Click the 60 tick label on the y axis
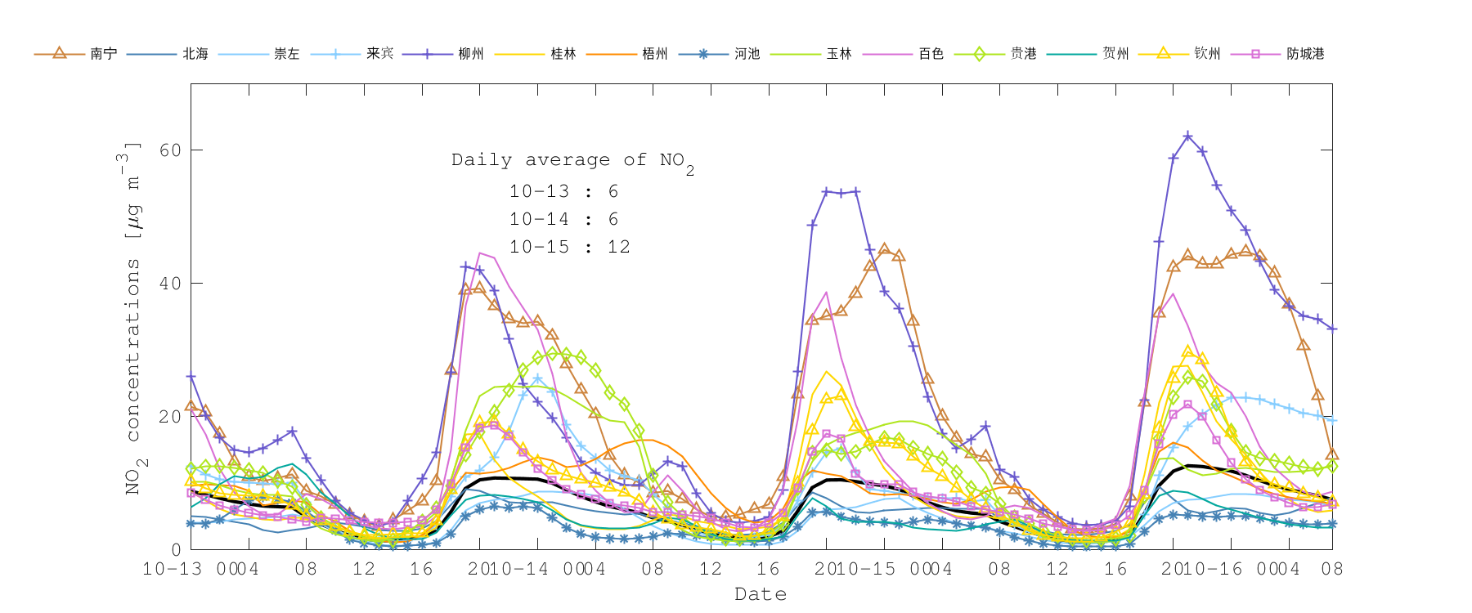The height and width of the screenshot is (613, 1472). [x=170, y=150]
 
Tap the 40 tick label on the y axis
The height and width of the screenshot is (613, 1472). [x=170, y=284]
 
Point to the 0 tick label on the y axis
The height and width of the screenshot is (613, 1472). [x=176, y=550]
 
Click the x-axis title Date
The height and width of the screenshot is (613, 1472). [x=761, y=594]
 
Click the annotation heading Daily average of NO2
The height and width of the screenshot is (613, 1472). [x=572, y=161]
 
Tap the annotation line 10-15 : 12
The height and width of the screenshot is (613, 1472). [x=569, y=247]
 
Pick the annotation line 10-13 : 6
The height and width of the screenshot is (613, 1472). [x=563, y=191]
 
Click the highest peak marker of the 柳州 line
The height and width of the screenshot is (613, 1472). [x=1187, y=136]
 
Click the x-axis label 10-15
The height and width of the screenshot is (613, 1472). [x=868, y=569]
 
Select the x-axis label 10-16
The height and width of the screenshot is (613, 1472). [x=1215, y=569]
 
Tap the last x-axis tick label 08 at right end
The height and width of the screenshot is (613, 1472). [x=1332, y=569]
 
